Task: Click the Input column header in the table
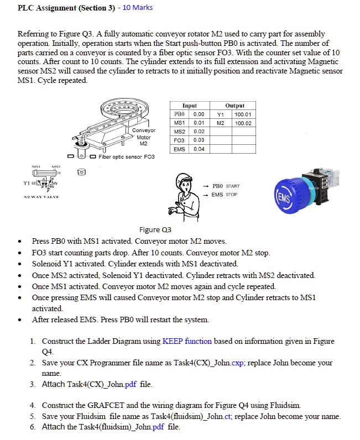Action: point(189,105)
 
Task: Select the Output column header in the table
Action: point(234,105)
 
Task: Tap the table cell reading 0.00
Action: point(199,114)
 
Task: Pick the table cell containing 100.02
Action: point(243,123)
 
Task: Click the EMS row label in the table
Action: point(179,149)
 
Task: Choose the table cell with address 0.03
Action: point(199,140)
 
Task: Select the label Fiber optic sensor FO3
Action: point(127,157)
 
